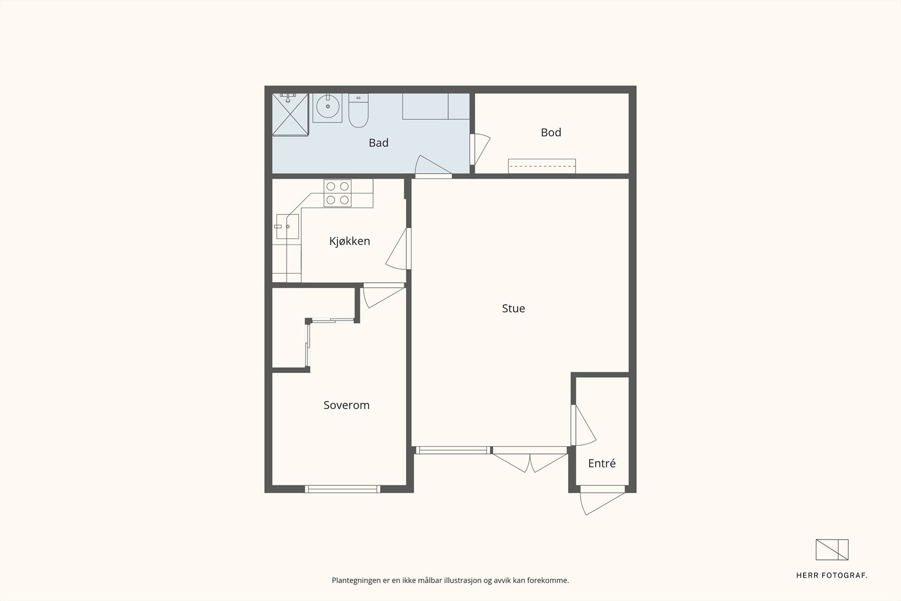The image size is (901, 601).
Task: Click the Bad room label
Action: coord(378,143)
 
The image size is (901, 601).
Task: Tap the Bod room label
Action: coord(551,132)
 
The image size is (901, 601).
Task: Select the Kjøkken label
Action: coord(350,241)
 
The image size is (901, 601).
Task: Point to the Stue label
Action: coord(513,309)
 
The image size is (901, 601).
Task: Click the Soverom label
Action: coord(346,405)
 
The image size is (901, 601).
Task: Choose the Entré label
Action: coord(602,464)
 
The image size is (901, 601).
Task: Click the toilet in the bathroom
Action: coord(358,110)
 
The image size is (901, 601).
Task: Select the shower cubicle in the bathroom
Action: coord(291,115)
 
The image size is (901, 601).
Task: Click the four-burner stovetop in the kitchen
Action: coord(337,193)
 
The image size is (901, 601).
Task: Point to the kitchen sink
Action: coord(288,226)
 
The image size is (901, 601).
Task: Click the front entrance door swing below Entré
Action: coord(602,500)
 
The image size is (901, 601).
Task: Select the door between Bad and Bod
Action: coord(479,149)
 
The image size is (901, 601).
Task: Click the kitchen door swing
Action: coord(398,248)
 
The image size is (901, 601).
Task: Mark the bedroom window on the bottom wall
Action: coord(342,489)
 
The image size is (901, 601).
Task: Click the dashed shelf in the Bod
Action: coord(542,166)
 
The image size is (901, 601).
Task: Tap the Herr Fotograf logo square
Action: coord(832,550)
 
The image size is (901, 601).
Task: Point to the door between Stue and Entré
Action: coord(583,425)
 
